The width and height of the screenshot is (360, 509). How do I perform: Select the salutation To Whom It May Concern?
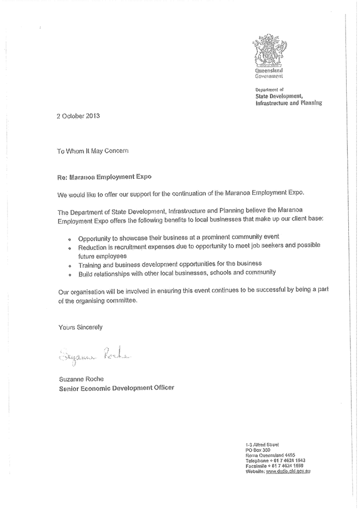tap(93, 151)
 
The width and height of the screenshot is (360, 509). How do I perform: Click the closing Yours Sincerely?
tap(80, 327)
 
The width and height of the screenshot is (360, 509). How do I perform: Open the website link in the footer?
tap(288, 472)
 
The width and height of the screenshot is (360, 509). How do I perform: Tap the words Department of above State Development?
tap(269, 90)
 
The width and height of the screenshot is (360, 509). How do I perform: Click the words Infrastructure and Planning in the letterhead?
tap(289, 102)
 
